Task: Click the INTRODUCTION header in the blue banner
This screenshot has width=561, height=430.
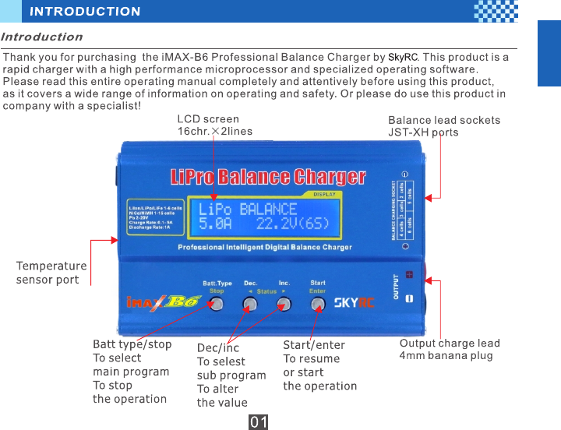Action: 86,12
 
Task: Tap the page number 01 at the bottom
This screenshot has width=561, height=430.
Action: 259,422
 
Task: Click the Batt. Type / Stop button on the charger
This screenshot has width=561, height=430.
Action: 217,304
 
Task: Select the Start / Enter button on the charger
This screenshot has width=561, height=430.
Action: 317,304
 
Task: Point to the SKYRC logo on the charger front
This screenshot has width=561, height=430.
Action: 354,302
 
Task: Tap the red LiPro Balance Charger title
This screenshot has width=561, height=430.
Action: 267,176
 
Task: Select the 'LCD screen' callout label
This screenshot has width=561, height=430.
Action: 208,119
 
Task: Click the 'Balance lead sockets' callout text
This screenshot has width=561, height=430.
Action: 444,120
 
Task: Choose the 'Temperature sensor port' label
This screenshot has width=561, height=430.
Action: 51,273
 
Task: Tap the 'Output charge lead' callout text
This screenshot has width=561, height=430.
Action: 450,344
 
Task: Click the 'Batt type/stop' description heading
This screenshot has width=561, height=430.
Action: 132,344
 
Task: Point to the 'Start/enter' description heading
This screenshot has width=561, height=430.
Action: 313,345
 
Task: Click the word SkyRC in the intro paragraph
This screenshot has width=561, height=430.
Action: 403,58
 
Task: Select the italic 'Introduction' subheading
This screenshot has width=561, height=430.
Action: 42,37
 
